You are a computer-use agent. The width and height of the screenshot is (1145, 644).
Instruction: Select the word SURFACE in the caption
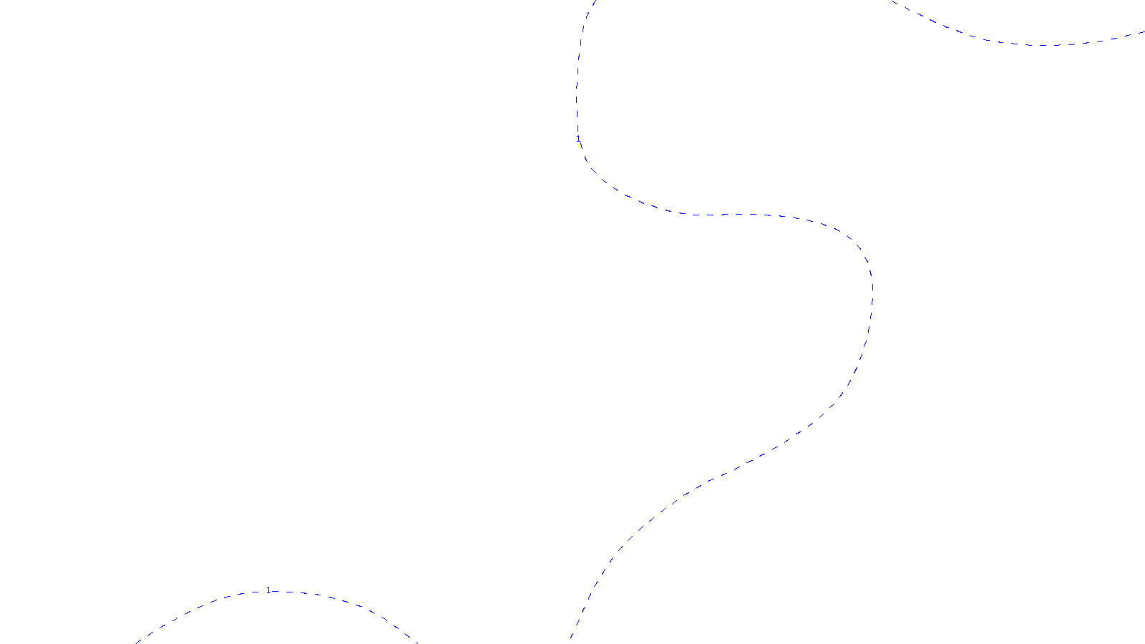click(x=572, y=633)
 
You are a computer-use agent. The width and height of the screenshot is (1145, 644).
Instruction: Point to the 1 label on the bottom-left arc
click(x=268, y=590)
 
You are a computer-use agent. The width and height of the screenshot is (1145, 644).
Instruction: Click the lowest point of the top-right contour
click(x=1041, y=45)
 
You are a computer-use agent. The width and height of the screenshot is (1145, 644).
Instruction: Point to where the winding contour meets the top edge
click(x=593, y=2)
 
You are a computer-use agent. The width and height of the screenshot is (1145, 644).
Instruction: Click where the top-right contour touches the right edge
click(x=1143, y=32)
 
